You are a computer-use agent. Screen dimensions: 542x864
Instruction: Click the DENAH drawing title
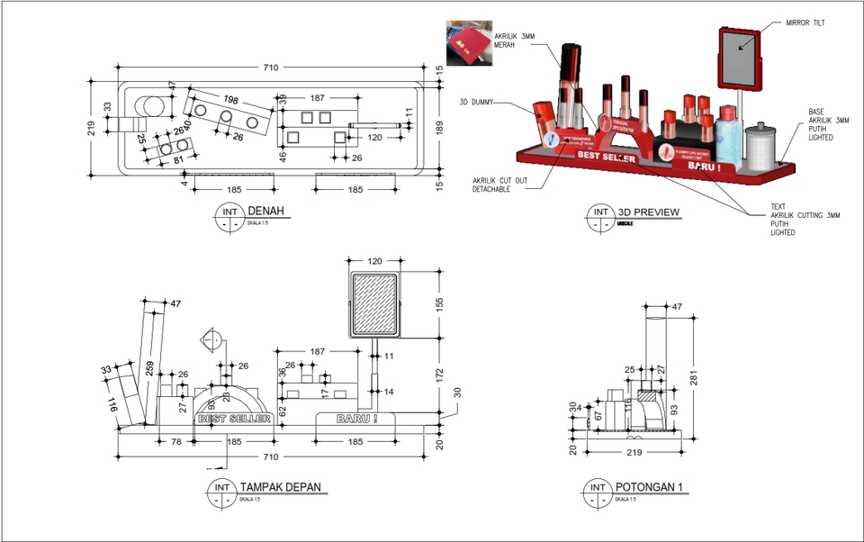pos(265,212)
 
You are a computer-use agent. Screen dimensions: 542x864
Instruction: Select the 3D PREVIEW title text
pos(648,212)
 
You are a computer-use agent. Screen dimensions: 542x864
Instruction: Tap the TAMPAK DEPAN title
pos(280,487)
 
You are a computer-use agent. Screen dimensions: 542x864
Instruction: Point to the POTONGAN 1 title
pos(650,487)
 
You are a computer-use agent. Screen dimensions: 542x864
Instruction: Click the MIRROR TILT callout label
pos(805,23)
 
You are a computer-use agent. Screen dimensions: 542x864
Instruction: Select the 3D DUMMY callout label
pos(476,103)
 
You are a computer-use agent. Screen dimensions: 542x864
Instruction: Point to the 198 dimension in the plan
pos(231,98)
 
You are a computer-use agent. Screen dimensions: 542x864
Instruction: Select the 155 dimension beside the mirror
pos(440,304)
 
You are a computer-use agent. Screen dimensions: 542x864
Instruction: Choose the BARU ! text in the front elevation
pos(356,419)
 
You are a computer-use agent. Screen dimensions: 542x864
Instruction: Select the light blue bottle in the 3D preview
pos(730,138)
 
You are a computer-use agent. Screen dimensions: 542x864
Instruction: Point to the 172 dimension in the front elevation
pos(440,373)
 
